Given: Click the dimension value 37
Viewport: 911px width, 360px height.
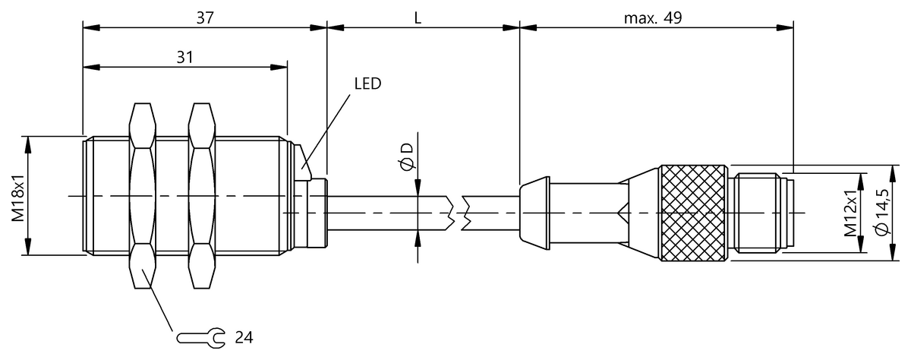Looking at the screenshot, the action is pos(205,18).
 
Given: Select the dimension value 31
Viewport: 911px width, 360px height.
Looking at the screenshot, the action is pos(184,58).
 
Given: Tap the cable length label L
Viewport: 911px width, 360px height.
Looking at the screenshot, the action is pos(418,18).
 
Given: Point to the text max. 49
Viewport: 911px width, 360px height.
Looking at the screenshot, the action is pos(653,18).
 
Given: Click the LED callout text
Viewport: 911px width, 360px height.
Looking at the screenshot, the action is pos(367,84).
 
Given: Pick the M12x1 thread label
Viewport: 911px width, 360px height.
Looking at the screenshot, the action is pos(850,213).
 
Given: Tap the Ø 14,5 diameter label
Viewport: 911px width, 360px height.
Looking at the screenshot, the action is pos(882,212).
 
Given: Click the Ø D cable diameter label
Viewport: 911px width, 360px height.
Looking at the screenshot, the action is pos(406,156).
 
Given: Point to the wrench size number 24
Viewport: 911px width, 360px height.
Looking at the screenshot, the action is pos(244,338).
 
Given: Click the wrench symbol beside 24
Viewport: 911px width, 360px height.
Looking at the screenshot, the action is pos(200,338).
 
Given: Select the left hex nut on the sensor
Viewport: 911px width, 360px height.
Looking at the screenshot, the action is pos(143,196).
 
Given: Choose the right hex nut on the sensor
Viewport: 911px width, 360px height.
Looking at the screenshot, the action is pos(202,196).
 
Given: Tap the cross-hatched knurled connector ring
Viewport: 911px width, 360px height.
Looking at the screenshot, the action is pos(693,213).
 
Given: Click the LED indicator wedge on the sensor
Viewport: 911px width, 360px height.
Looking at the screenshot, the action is pos(304,162).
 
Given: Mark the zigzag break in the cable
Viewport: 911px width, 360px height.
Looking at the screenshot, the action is pos(458,213).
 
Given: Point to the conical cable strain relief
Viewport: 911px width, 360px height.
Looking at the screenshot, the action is pos(534,213).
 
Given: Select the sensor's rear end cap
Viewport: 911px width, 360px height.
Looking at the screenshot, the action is pos(317,213).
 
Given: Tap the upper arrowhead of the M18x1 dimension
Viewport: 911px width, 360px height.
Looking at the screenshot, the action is pos(28,146).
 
